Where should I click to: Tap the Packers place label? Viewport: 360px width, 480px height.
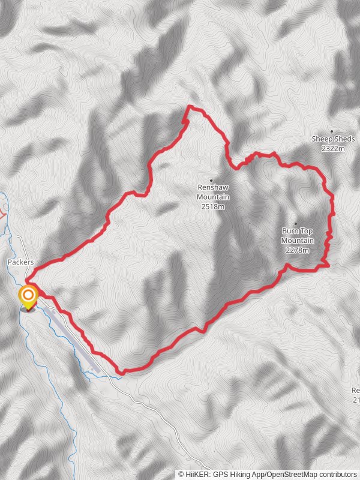[20, 262]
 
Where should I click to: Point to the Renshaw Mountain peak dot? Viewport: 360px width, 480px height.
[211, 179]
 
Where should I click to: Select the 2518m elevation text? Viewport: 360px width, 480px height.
[214, 206]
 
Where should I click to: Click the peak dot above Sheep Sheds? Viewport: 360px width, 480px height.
[332, 131]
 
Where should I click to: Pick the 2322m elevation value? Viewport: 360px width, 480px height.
[333, 148]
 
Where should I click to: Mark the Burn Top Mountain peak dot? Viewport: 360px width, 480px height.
[295, 224]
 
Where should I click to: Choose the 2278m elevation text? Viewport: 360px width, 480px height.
[298, 250]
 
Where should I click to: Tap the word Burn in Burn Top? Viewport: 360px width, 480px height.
[290, 230]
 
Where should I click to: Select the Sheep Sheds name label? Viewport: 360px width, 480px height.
[333, 139]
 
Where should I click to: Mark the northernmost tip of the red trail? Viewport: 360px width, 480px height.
[190, 107]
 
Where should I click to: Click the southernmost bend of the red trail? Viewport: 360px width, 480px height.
[122, 372]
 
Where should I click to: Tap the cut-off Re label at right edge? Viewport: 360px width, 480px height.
[356, 391]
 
